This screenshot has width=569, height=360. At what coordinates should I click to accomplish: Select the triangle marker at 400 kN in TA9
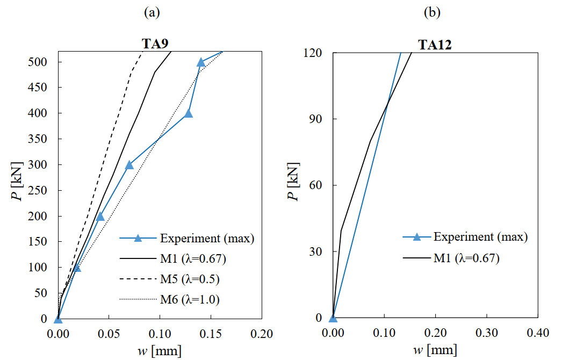[x=188, y=113]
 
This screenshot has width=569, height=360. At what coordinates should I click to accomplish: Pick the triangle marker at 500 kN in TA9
[x=201, y=62]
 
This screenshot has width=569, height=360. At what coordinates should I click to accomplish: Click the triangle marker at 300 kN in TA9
[x=129, y=165]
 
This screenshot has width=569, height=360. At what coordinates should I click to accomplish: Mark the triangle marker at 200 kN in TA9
[x=100, y=217]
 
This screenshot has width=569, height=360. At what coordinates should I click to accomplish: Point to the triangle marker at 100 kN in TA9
[x=77, y=268]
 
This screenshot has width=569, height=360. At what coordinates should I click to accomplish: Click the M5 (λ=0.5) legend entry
[x=189, y=279]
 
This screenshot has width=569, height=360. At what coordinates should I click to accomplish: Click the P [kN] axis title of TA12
[x=293, y=185]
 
